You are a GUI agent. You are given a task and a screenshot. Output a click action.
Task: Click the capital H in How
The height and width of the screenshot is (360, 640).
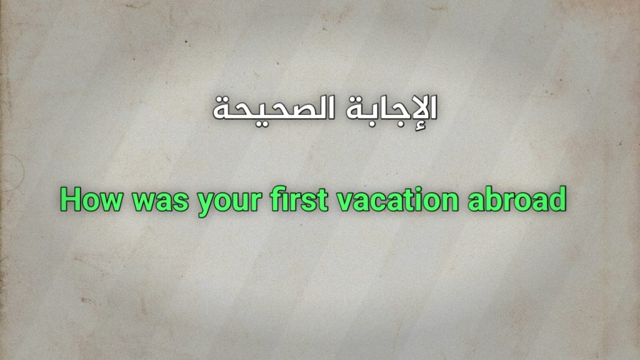(71, 200)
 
